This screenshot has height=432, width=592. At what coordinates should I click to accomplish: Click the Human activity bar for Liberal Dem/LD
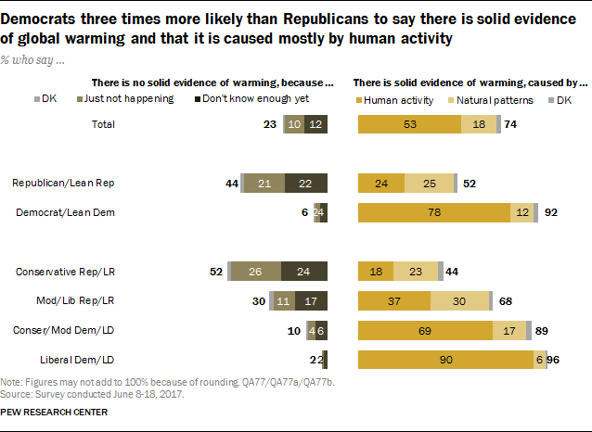(445, 359)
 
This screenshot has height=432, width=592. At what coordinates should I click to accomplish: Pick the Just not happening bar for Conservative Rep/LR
(257, 272)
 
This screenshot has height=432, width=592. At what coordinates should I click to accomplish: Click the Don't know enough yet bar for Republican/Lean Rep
(305, 184)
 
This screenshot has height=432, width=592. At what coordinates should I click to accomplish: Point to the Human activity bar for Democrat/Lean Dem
(433, 213)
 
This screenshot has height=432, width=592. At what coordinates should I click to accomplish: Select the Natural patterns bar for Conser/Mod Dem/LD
(508, 330)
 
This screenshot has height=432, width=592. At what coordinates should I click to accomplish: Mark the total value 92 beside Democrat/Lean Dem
(550, 213)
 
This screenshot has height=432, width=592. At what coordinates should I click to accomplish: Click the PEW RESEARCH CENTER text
(54, 412)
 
